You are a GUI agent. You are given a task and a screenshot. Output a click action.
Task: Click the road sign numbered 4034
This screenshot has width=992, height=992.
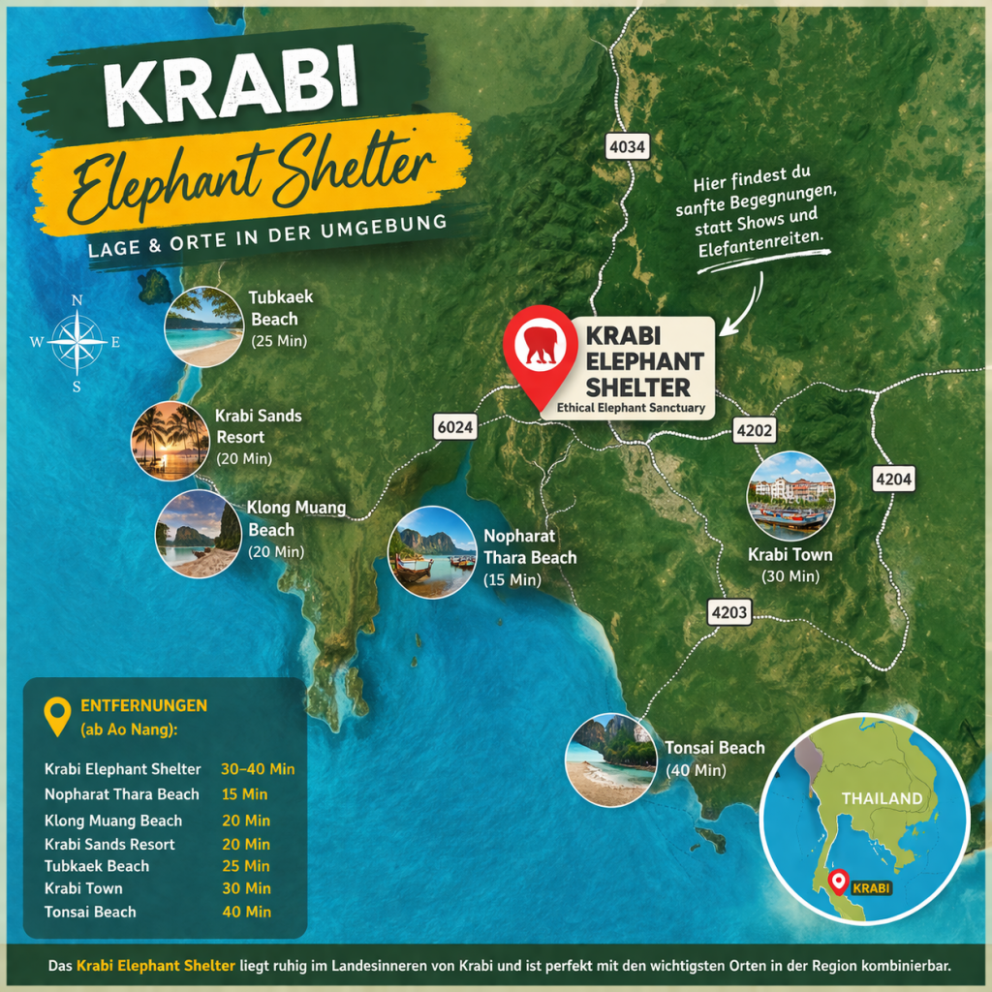tap(626, 147)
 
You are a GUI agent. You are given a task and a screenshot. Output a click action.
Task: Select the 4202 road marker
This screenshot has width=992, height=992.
tap(755, 430)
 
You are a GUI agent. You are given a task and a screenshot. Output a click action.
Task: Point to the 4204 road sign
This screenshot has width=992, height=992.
tap(892, 479)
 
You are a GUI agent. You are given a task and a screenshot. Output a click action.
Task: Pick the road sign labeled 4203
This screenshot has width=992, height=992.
tap(728, 612)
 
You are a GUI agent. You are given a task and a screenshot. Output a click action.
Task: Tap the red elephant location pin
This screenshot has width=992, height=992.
tap(541, 351)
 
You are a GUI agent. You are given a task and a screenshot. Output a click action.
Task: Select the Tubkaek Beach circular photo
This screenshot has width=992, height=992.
tap(204, 326)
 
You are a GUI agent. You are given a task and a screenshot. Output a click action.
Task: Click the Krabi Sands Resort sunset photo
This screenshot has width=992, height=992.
tap(170, 441)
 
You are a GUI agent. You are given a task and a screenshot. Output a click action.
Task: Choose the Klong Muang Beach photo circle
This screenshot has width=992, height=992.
tap(198, 534)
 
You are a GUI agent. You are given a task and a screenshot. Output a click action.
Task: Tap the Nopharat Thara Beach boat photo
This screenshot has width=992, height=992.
tap(432, 553)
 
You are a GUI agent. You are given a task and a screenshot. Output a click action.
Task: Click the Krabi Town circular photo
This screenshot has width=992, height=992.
tap(790, 496)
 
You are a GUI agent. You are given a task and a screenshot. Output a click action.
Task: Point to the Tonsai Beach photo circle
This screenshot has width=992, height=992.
tap(609, 760)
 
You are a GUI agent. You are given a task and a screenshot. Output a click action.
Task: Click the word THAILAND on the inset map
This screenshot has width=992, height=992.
tap(882, 798)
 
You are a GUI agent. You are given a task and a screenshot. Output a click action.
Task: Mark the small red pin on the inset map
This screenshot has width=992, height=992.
tap(839, 882)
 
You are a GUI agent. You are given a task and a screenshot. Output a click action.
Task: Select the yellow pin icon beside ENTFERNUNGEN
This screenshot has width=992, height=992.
tap(58, 715)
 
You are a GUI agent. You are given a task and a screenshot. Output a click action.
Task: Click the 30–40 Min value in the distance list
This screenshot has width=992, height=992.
tap(258, 769)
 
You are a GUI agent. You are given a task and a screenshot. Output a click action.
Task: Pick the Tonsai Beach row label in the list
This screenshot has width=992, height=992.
tap(90, 912)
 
